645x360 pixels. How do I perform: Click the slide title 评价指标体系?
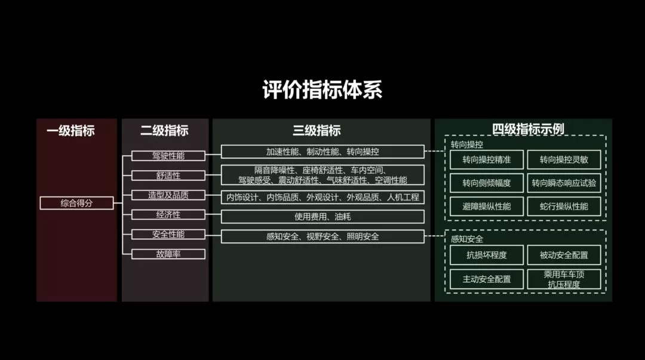click(322, 90)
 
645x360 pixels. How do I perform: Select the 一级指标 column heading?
click(70, 131)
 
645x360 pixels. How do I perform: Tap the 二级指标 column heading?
click(164, 131)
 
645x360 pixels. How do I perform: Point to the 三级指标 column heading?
click(317, 131)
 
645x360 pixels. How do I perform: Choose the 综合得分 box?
click(76, 203)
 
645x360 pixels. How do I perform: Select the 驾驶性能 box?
click(168, 156)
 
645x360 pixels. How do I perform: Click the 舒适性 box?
click(168, 176)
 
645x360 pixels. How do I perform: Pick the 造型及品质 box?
click(168, 195)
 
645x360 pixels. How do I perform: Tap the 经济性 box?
click(168, 215)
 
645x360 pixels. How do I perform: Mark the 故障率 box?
click(168, 254)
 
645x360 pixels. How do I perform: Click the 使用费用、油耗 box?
click(322, 216)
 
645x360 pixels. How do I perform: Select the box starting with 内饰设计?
click(322, 196)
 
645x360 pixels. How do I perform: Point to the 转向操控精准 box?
click(487, 159)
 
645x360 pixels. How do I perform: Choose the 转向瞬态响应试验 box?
click(564, 183)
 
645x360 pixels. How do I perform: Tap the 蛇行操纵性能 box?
click(564, 206)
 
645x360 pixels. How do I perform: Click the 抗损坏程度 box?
click(487, 255)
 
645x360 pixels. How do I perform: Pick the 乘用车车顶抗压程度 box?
click(564, 279)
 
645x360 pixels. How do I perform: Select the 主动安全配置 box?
click(487, 279)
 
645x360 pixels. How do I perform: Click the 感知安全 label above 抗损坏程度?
click(467, 239)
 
